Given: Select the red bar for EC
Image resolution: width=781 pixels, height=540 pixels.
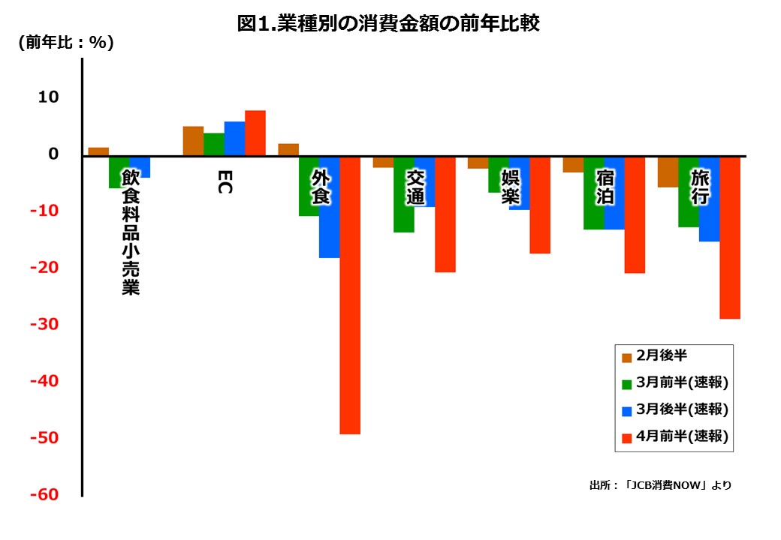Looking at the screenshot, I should pos(255,133).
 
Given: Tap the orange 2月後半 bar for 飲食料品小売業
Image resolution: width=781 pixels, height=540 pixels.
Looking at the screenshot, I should pos(98,151).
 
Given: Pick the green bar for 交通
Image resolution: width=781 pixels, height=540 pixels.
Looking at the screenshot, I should pos(404,194).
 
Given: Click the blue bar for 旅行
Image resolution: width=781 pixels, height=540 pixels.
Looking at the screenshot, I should pos(709,199).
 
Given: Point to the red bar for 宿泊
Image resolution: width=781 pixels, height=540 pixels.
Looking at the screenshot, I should pos(635,214).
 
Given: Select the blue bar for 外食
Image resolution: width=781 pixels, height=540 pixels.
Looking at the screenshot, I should pos(329,207).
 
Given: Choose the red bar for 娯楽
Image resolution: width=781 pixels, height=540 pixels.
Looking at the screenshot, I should pos(539,205).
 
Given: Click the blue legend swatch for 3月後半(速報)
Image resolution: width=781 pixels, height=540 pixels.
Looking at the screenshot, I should pos(627,411).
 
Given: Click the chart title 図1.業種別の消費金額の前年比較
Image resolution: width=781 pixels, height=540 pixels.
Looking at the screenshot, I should pos(388,23).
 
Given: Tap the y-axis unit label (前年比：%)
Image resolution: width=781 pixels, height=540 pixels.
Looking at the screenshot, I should pos(66,43).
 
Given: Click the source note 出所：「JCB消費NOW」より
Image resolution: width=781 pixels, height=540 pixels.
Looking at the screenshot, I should pos(660,485).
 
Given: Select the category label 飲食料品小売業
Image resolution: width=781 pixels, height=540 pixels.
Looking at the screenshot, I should pos(131,232).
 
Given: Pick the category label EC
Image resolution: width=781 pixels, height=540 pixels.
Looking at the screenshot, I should pos(224,181).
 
